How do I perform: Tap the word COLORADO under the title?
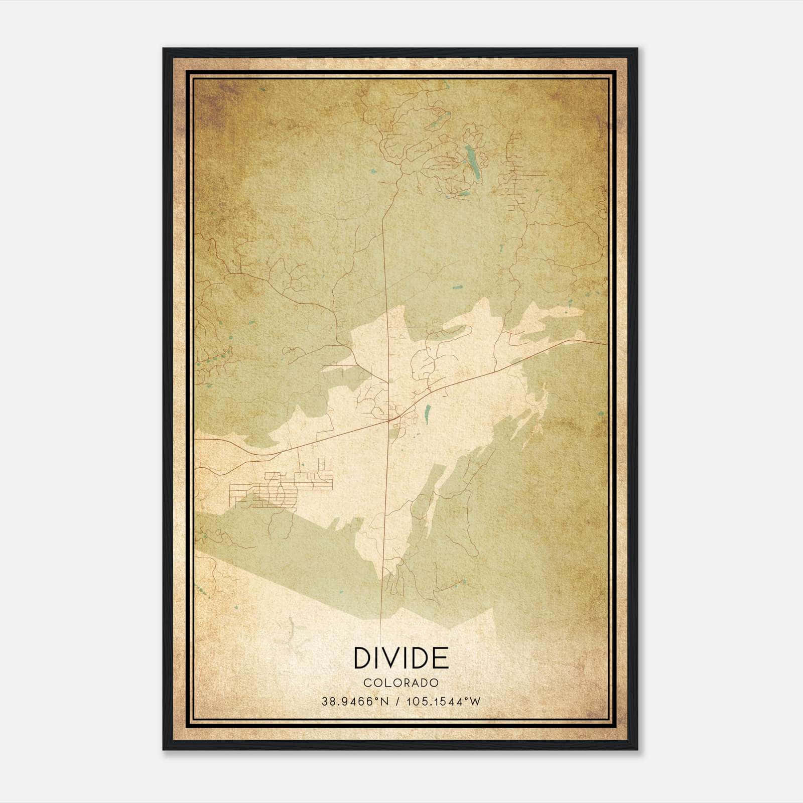pyautogui.click(x=401, y=683)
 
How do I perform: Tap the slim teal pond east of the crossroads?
pyautogui.click(x=427, y=413)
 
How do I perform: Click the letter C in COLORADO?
pyautogui.click(x=367, y=683)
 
